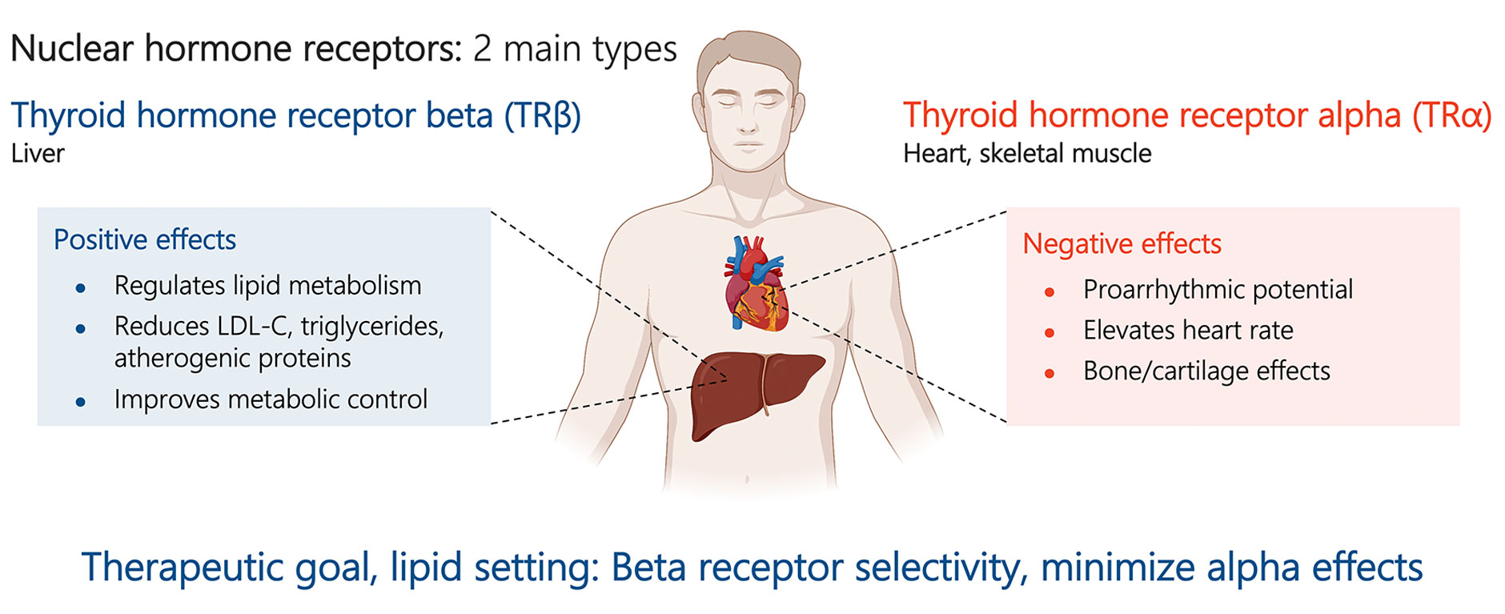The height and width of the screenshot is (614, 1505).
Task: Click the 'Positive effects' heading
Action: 145,239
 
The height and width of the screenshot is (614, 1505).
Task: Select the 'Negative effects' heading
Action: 1122,243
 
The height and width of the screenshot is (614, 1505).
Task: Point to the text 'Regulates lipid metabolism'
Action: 267,285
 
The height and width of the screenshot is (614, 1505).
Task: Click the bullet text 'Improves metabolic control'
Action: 271,399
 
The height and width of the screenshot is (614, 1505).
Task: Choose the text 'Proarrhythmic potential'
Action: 1218,289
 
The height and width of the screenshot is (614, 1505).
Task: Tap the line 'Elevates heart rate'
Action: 1188,330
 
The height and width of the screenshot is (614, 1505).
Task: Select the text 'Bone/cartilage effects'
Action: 1206,371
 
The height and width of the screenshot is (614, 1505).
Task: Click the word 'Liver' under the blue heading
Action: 38,153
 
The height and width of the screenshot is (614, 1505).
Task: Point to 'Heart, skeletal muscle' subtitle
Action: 1027,153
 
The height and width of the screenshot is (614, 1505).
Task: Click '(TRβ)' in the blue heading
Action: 542,115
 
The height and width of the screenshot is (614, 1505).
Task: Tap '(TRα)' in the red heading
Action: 1451,115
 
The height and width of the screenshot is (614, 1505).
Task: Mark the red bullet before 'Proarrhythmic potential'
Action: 1049,292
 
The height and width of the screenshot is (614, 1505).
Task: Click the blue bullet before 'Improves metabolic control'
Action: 80,402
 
